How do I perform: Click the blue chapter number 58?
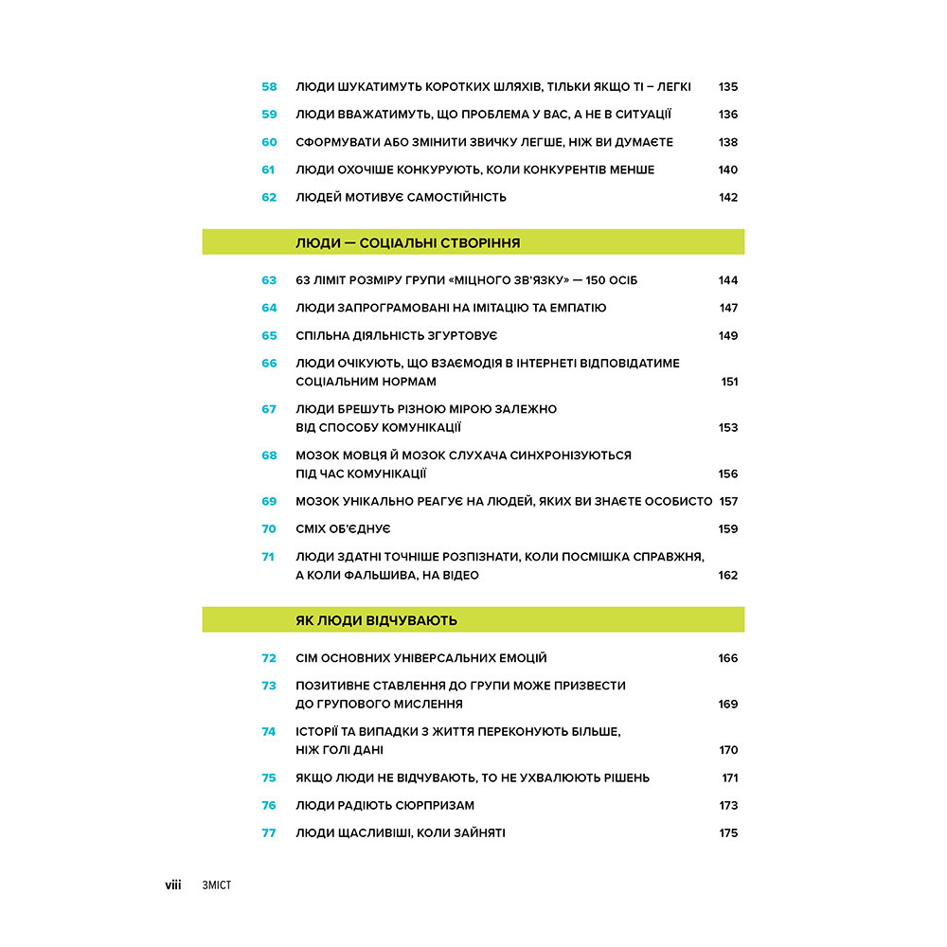point(269,87)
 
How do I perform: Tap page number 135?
point(727,87)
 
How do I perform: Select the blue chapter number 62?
point(269,198)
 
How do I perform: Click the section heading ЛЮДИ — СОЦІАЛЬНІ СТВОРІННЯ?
point(408,242)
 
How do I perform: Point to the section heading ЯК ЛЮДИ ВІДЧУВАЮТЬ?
point(376,620)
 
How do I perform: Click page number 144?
point(727,280)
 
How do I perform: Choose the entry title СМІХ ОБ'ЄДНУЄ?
point(343,529)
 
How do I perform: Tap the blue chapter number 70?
point(269,529)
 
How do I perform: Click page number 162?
point(727,575)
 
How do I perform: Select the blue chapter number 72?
point(269,658)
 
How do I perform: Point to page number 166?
point(727,658)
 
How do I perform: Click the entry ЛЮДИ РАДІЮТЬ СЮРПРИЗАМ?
point(384,806)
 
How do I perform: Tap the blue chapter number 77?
point(269,833)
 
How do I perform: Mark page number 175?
point(727,833)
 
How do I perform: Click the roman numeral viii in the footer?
point(173,885)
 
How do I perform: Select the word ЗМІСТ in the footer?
point(217,885)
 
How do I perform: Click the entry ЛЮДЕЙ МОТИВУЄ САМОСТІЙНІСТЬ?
point(401,198)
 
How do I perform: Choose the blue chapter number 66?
point(269,364)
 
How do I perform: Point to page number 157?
point(727,502)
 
